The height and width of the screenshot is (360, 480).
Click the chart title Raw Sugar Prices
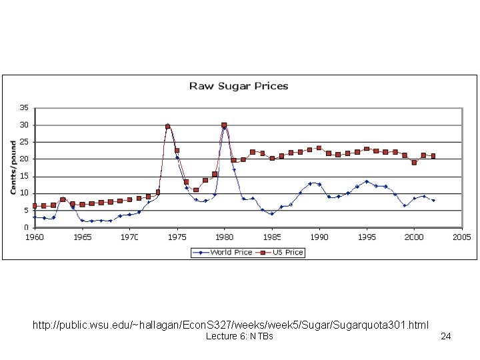[239, 86]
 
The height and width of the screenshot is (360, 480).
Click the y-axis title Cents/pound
[13, 167]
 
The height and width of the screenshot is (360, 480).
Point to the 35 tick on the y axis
[24, 108]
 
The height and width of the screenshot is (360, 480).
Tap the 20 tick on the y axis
[24, 159]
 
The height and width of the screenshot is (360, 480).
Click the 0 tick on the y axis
[26, 227]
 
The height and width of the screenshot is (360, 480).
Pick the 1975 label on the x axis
[177, 237]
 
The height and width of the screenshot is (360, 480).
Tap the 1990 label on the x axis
[319, 237]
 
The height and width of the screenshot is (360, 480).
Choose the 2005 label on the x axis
[461, 237]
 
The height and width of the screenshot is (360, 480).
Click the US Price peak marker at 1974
[168, 126]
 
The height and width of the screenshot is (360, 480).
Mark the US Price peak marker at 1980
[224, 125]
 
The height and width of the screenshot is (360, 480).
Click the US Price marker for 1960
[35, 206]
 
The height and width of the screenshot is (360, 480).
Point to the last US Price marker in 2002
[433, 156]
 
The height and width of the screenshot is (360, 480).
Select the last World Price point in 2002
[433, 200]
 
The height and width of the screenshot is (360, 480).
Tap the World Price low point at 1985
[272, 213]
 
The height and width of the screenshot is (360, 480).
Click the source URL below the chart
[230, 325]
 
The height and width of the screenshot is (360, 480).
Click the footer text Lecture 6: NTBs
[239, 337]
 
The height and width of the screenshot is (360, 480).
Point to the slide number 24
[446, 337]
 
